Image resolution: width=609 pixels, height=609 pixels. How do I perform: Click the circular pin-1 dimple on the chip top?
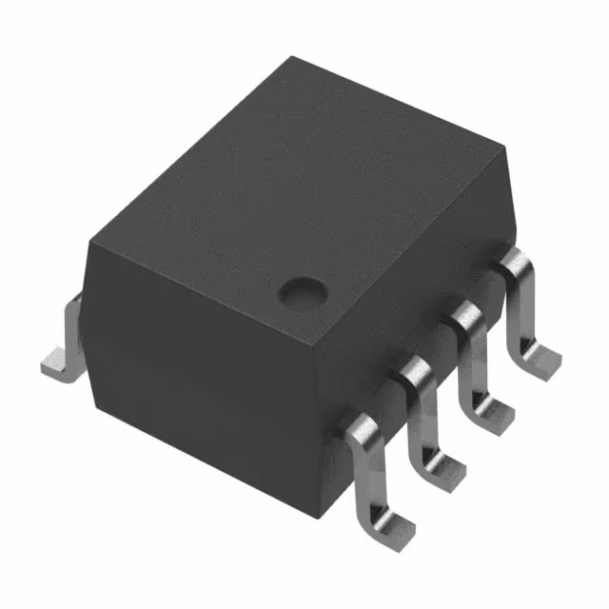[x=302, y=290]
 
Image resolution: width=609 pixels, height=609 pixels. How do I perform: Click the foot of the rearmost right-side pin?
[x=539, y=361]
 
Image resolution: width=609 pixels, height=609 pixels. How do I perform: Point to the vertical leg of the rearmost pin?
[x=518, y=314]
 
